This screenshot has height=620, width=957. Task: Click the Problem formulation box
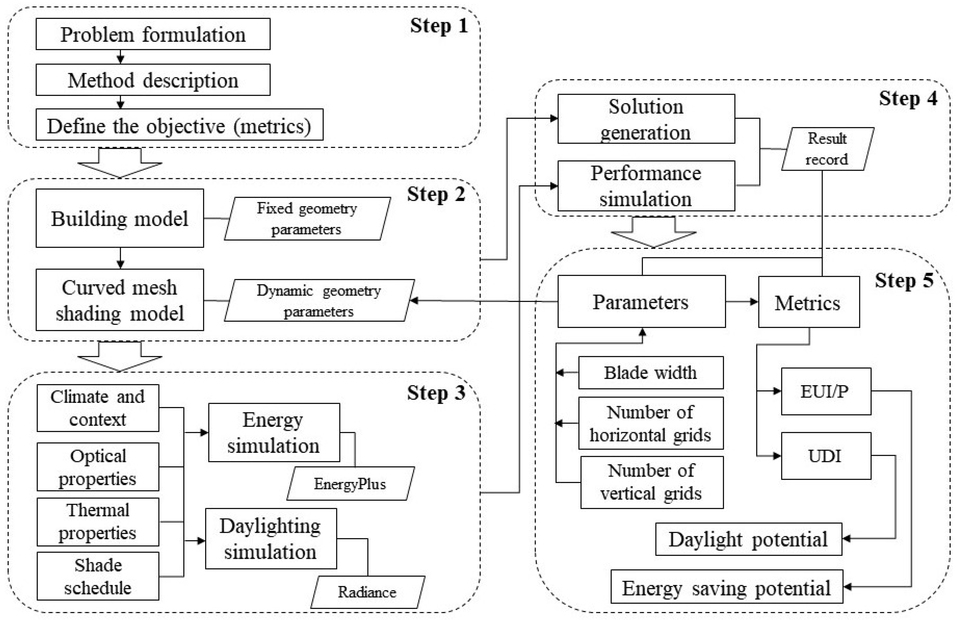(x=153, y=34)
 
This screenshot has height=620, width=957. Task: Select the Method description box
(x=153, y=80)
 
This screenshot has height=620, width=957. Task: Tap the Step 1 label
(x=439, y=26)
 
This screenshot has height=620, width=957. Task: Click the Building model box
(x=120, y=218)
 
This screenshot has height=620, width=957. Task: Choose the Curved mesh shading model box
(x=120, y=300)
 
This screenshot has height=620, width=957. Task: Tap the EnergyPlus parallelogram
(x=350, y=483)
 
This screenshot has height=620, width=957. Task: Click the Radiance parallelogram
(x=367, y=592)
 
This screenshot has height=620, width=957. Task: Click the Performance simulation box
(x=646, y=186)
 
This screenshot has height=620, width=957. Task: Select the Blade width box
(x=650, y=372)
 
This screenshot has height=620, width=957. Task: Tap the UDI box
(x=826, y=456)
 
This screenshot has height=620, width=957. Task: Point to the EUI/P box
(x=826, y=391)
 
